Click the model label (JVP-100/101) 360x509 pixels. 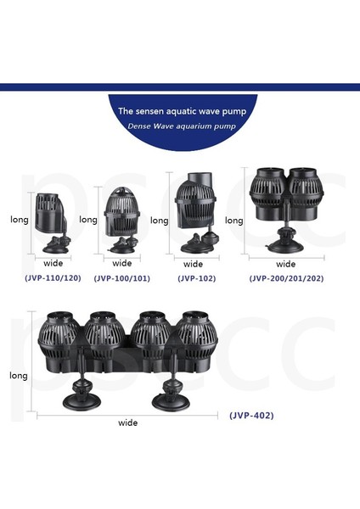click(x=121, y=277)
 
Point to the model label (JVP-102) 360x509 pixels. click(x=195, y=277)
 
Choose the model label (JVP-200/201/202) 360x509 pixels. click(x=285, y=277)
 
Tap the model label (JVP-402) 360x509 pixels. click(x=251, y=416)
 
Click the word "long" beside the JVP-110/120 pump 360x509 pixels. click(x=20, y=220)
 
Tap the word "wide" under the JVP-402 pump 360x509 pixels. click(x=128, y=422)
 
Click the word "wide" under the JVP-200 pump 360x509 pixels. click(x=286, y=264)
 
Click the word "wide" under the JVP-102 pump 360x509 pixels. click(x=194, y=264)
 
